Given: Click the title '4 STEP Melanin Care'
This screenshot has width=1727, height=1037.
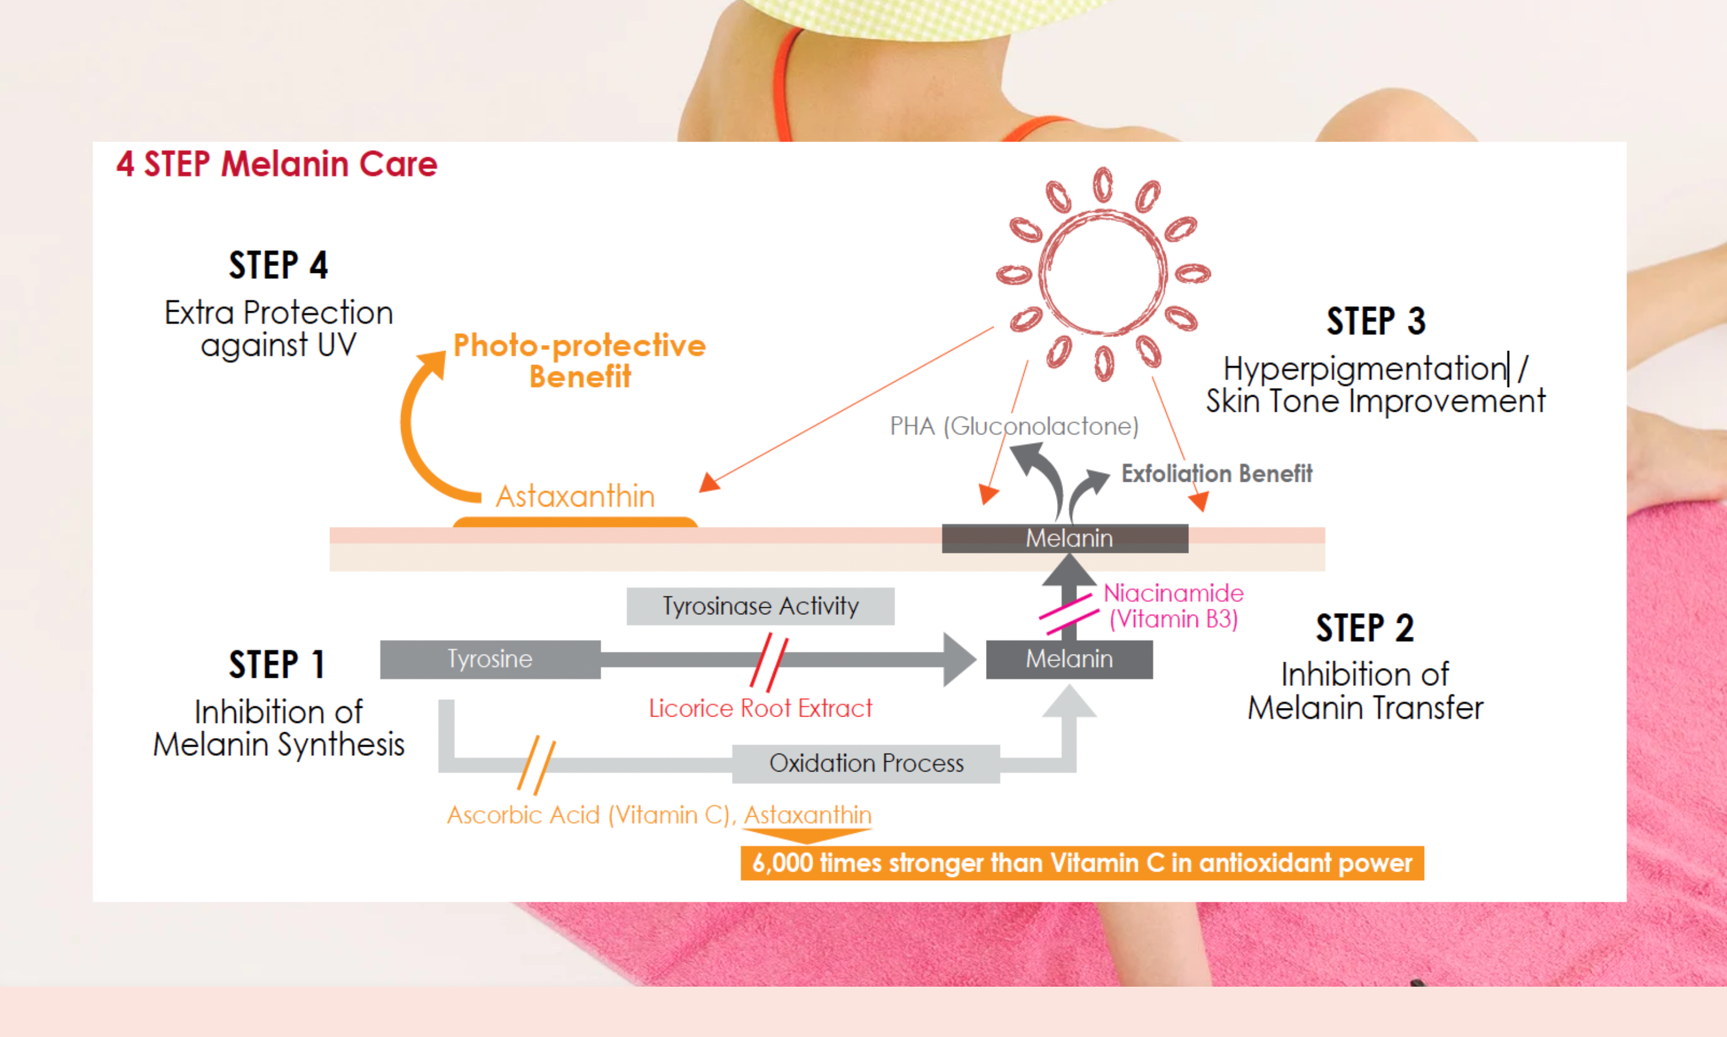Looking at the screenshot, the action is point(276,164).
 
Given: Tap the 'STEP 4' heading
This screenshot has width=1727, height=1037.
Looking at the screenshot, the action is point(278,265).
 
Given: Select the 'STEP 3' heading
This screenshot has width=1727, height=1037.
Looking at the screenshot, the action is point(1376,322).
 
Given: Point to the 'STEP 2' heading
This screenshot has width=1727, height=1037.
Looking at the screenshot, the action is point(1365,628).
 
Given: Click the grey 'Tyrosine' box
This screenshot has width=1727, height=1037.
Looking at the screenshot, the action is point(490,659).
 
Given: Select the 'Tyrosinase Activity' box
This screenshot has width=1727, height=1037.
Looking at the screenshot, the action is point(761,606).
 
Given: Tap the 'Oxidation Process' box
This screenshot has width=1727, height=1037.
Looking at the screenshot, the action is point(866,763).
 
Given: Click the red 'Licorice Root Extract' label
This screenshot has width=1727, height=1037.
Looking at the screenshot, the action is point(761,708).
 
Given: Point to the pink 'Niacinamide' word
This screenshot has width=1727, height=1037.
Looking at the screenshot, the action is point(1173,593).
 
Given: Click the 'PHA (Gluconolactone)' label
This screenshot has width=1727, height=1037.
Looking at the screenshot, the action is point(1014,426).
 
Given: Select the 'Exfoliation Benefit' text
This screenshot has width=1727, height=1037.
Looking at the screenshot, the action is point(1217,474).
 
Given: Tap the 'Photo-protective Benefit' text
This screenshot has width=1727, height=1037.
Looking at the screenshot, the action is point(580,360).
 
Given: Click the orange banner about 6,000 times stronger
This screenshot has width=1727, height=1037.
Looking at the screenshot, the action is point(1082,863).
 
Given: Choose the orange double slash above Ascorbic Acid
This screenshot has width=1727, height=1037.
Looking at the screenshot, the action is point(536,765).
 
